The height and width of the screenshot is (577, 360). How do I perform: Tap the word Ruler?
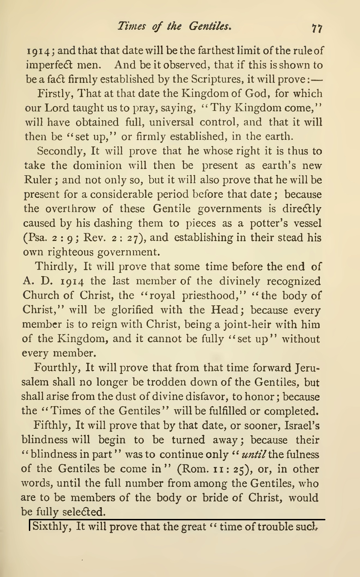point(38,180)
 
